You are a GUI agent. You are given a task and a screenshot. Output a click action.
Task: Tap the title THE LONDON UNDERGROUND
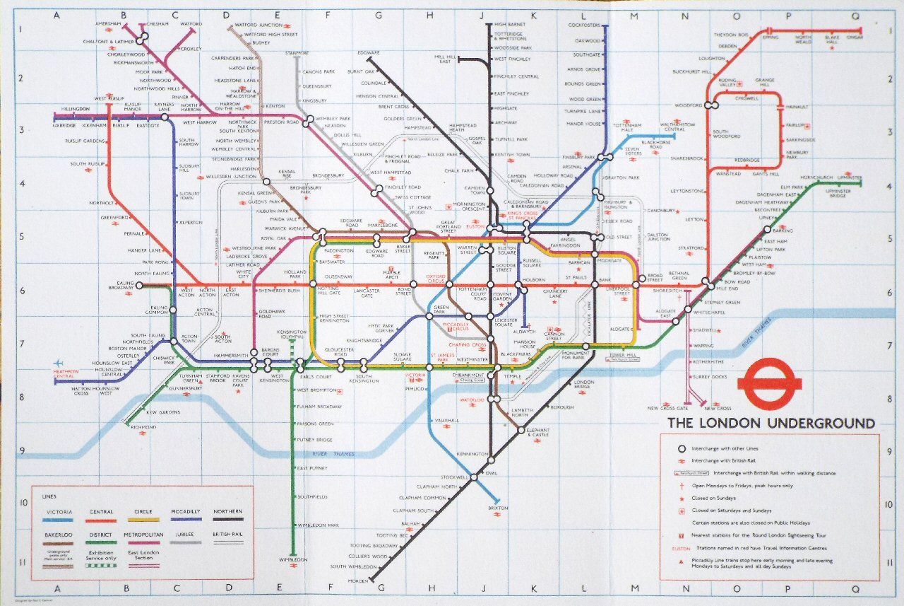(771, 424)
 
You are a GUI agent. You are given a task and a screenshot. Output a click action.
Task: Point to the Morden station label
(358, 581)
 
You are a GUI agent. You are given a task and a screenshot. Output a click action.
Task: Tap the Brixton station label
(498, 508)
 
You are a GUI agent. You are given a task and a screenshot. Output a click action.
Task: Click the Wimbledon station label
(293, 560)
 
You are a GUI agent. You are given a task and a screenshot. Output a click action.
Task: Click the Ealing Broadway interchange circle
(139, 285)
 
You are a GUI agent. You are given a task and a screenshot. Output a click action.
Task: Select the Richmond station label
(144, 428)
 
